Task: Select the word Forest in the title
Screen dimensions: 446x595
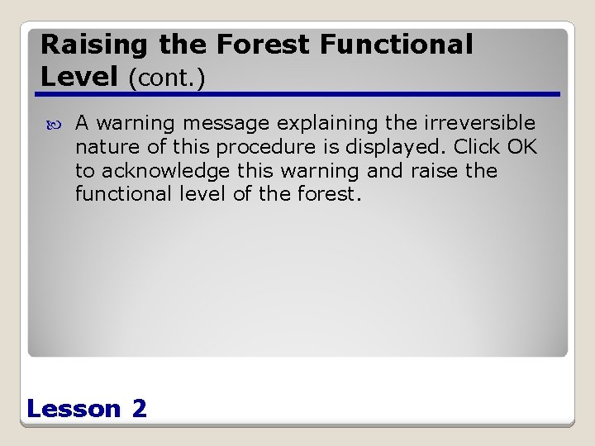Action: tap(245, 45)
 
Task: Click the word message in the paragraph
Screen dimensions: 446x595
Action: tap(226, 124)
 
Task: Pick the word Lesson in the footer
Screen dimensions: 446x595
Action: tap(74, 409)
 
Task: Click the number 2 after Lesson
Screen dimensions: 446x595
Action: tap(139, 409)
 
